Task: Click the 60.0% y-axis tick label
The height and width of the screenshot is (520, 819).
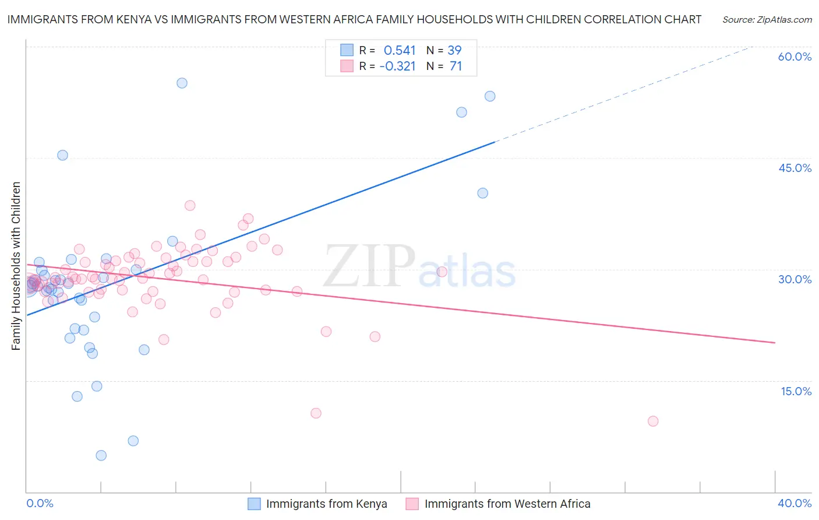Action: pos(795,57)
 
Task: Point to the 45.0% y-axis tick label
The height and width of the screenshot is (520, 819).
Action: pos(795,168)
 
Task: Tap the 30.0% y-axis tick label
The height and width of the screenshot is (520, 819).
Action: pos(795,279)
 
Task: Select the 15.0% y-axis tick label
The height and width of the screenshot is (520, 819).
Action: pos(796,391)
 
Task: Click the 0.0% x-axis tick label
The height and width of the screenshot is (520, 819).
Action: pos(40,503)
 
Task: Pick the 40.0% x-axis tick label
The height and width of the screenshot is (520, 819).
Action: pos(795,503)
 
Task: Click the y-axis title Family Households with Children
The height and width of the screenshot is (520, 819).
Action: pos(16,266)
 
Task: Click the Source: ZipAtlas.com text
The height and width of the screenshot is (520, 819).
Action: pos(767,20)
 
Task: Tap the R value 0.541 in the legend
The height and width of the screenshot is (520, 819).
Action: pos(400,51)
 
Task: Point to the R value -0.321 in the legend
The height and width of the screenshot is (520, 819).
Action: pos(397,66)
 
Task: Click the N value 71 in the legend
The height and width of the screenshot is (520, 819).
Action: pos(456,66)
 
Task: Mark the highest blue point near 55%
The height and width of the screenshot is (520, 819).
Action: pos(182,83)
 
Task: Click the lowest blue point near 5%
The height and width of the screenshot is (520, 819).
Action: pos(101,455)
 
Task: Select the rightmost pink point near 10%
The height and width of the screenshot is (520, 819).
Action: pos(653,421)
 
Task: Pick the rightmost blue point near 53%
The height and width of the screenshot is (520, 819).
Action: pos(490,96)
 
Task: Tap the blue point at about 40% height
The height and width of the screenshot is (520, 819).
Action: pos(482,193)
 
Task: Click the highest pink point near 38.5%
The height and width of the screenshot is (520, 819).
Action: pos(190,205)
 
